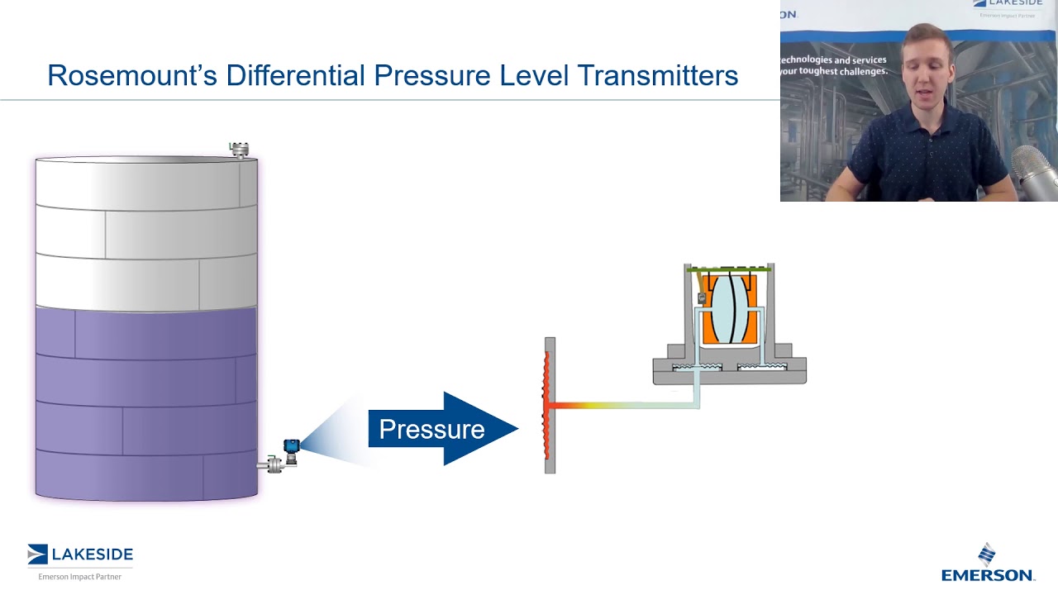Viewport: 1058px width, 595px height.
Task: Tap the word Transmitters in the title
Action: pos(657,75)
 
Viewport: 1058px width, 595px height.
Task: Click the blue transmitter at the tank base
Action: pos(291,448)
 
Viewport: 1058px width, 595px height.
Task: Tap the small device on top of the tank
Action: pos(239,150)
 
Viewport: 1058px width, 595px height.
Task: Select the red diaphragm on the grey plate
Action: pos(546,405)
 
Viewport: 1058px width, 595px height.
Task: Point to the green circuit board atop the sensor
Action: pos(729,270)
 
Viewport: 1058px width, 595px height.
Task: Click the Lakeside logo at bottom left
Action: pos(80,555)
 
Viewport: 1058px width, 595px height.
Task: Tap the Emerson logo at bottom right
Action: pos(987,564)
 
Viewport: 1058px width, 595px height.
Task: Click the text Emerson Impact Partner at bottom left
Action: pos(80,576)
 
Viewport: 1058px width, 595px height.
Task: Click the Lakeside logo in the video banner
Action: pos(1013,7)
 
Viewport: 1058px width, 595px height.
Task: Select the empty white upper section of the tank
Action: pos(146,231)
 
